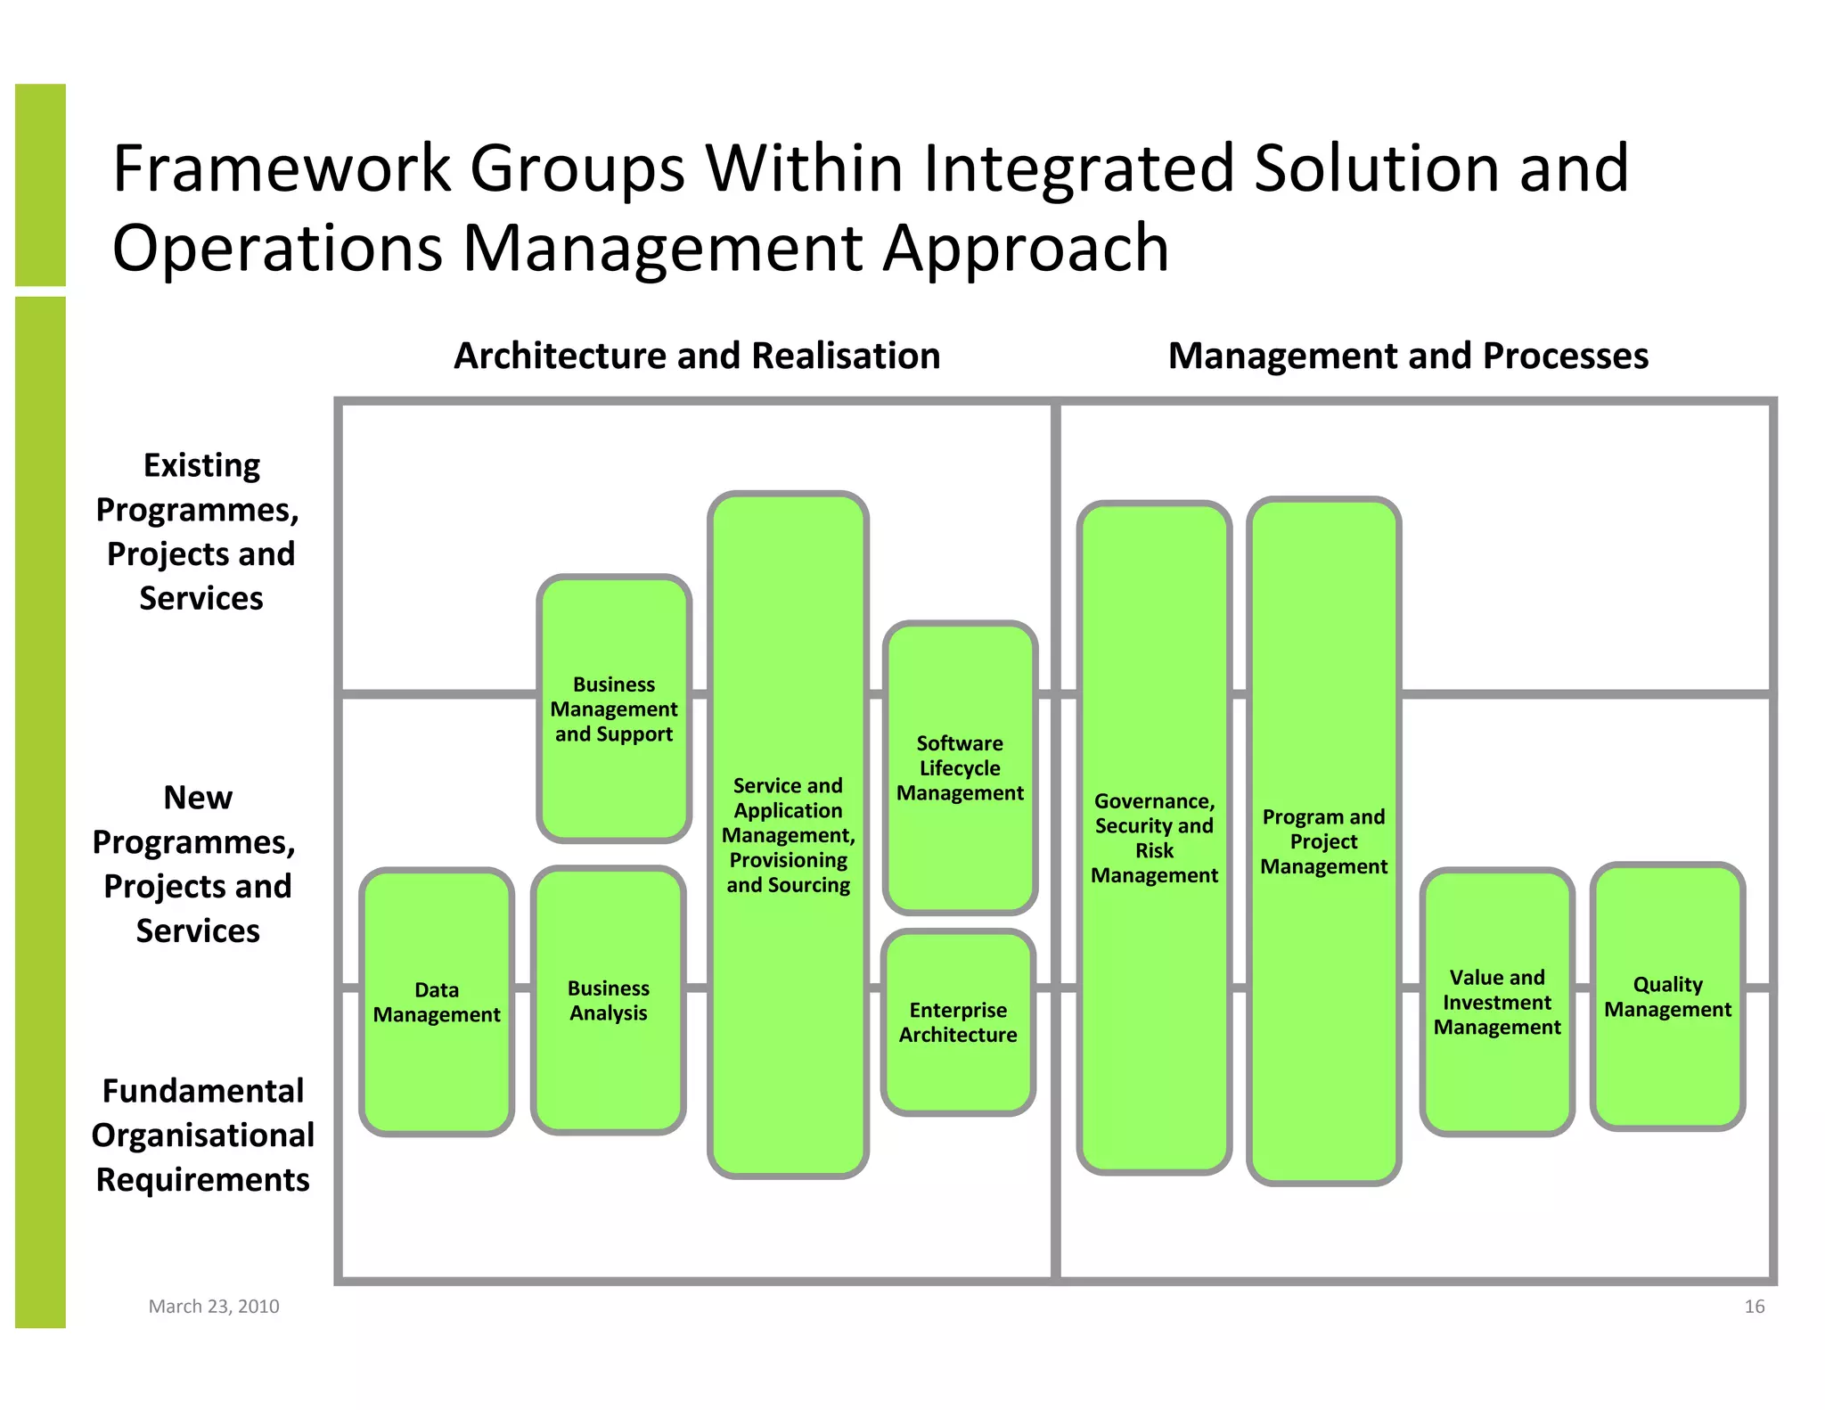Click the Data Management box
tap(437, 1002)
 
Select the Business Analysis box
tap(609, 1000)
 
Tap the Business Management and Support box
tap(614, 709)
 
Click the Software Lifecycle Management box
tap(960, 768)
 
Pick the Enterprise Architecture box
tap(958, 1022)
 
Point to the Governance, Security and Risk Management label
tap(1154, 838)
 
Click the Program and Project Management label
tap(1323, 841)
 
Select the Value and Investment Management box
tap(1497, 1002)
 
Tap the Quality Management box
tap(1667, 996)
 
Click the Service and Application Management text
tap(788, 835)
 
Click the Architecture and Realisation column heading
tap(697, 356)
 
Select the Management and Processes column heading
tap(1408, 356)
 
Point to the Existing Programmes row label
tap(200, 531)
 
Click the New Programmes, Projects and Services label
tap(196, 864)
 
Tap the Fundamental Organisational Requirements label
tap(202, 1135)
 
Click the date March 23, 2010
tap(214, 1306)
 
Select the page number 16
tap(1754, 1306)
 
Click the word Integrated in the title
tap(1079, 168)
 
